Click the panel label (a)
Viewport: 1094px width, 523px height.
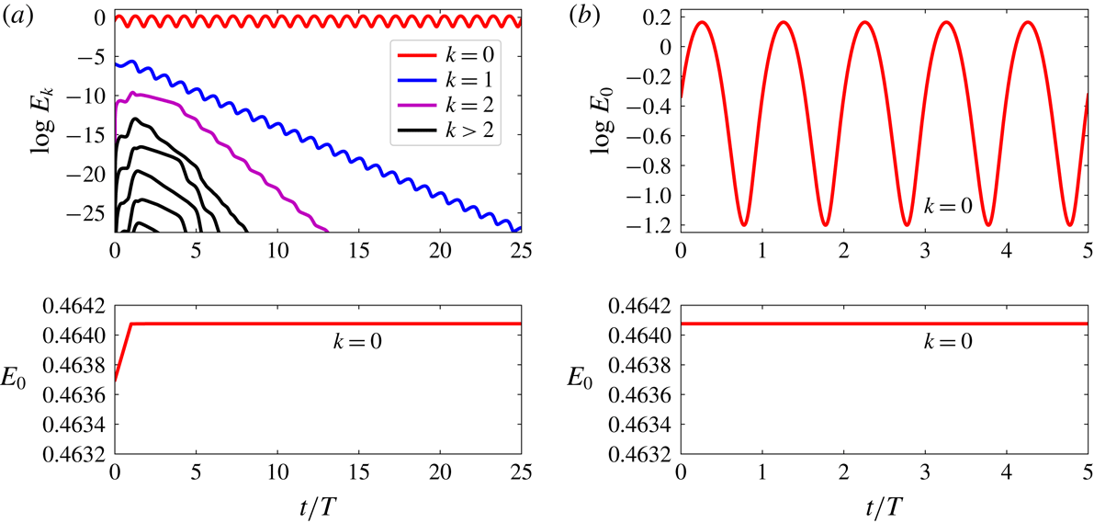tap(16, 14)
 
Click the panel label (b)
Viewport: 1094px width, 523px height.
tap(583, 14)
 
